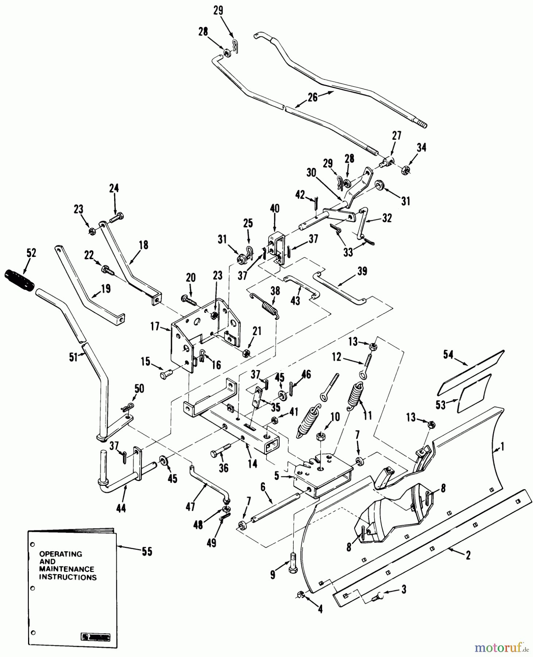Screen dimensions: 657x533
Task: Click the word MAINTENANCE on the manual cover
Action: [66, 569]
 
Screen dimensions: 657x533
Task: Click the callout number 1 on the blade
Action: [502, 446]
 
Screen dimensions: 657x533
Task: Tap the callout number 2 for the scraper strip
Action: [468, 556]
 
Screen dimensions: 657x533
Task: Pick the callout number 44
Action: [121, 508]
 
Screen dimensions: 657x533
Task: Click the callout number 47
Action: [190, 506]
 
